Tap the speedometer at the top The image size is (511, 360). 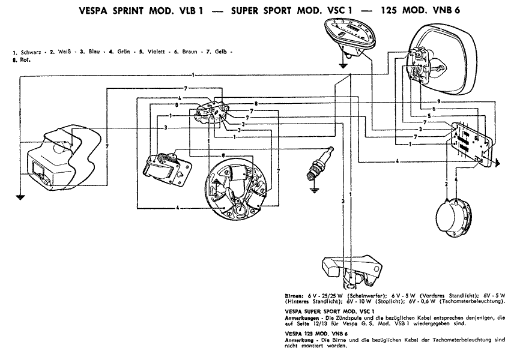point(348,34)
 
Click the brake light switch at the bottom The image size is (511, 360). point(351,266)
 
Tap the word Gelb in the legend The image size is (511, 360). point(221,53)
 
